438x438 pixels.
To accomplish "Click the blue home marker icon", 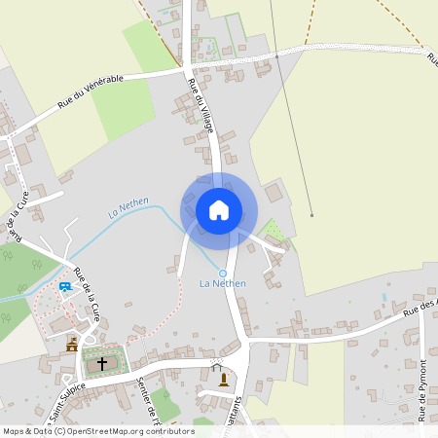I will pyautogui.click(x=219, y=209).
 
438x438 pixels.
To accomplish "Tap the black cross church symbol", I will pyautogui.click(x=101, y=362).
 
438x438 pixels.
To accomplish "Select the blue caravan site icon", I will pyautogui.click(x=64, y=286).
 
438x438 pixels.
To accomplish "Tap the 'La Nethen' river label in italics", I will pyautogui.click(x=128, y=205).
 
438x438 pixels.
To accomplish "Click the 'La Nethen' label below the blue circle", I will pyautogui.click(x=222, y=283).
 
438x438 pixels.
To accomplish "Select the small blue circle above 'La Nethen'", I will pyautogui.click(x=222, y=273).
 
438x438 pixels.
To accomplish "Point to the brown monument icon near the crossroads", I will pyautogui.click(x=225, y=379).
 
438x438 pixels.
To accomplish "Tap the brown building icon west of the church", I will pyautogui.click(x=72, y=345).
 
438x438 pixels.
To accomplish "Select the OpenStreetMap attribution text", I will pyautogui.click(x=97, y=430).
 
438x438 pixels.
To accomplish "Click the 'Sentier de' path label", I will pyautogui.click(x=148, y=395).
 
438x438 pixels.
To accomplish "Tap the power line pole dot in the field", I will pyautogui.click(x=311, y=214).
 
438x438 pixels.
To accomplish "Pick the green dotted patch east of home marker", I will pyautogui.click(x=274, y=230).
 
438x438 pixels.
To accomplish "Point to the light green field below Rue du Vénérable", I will pyautogui.click(x=123, y=107).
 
